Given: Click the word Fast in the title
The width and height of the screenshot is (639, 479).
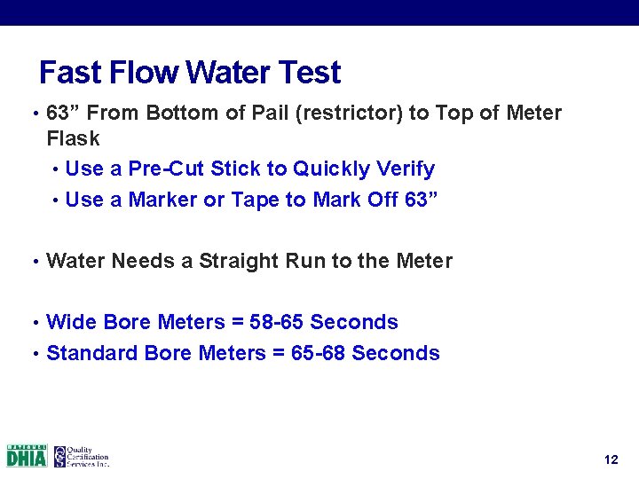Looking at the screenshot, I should pyautogui.click(x=68, y=73).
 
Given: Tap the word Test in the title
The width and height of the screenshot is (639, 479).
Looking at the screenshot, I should pyautogui.click(x=309, y=73).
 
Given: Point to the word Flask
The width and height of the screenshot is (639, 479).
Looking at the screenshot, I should pyautogui.click(x=73, y=139).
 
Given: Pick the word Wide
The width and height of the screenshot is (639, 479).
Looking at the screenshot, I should pyautogui.click(x=72, y=322).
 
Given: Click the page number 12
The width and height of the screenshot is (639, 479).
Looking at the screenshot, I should pyautogui.click(x=610, y=459).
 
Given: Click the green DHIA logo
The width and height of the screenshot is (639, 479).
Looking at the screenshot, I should pyautogui.click(x=27, y=456).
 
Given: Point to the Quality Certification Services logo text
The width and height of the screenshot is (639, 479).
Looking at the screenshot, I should pyautogui.click(x=87, y=456).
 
